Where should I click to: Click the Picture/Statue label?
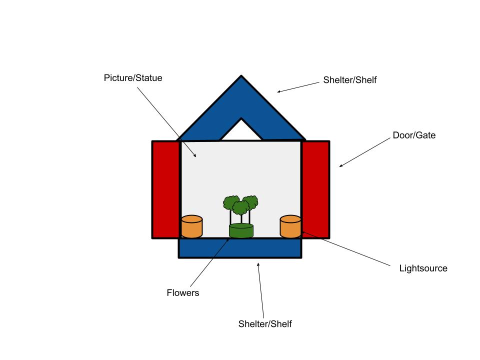click(x=133, y=78)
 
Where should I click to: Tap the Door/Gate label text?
click(x=414, y=135)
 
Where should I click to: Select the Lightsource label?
click(x=423, y=268)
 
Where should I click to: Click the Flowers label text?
click(x=183, y=293)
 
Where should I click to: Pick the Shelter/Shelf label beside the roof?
click(x=349, y=79)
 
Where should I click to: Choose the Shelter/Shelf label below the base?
click(x=265, y=324)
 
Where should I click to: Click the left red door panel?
click(x=165, y=189)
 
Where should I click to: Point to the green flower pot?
click(x=241, y=231)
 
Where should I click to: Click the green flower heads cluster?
click(x=240, y=203)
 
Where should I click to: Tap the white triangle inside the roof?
click(x=241, y=130)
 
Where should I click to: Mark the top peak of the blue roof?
click(x=241, y=77)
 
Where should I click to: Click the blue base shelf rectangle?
click(x=240, y=248)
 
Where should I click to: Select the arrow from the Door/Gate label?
click(x=365, y=152)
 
